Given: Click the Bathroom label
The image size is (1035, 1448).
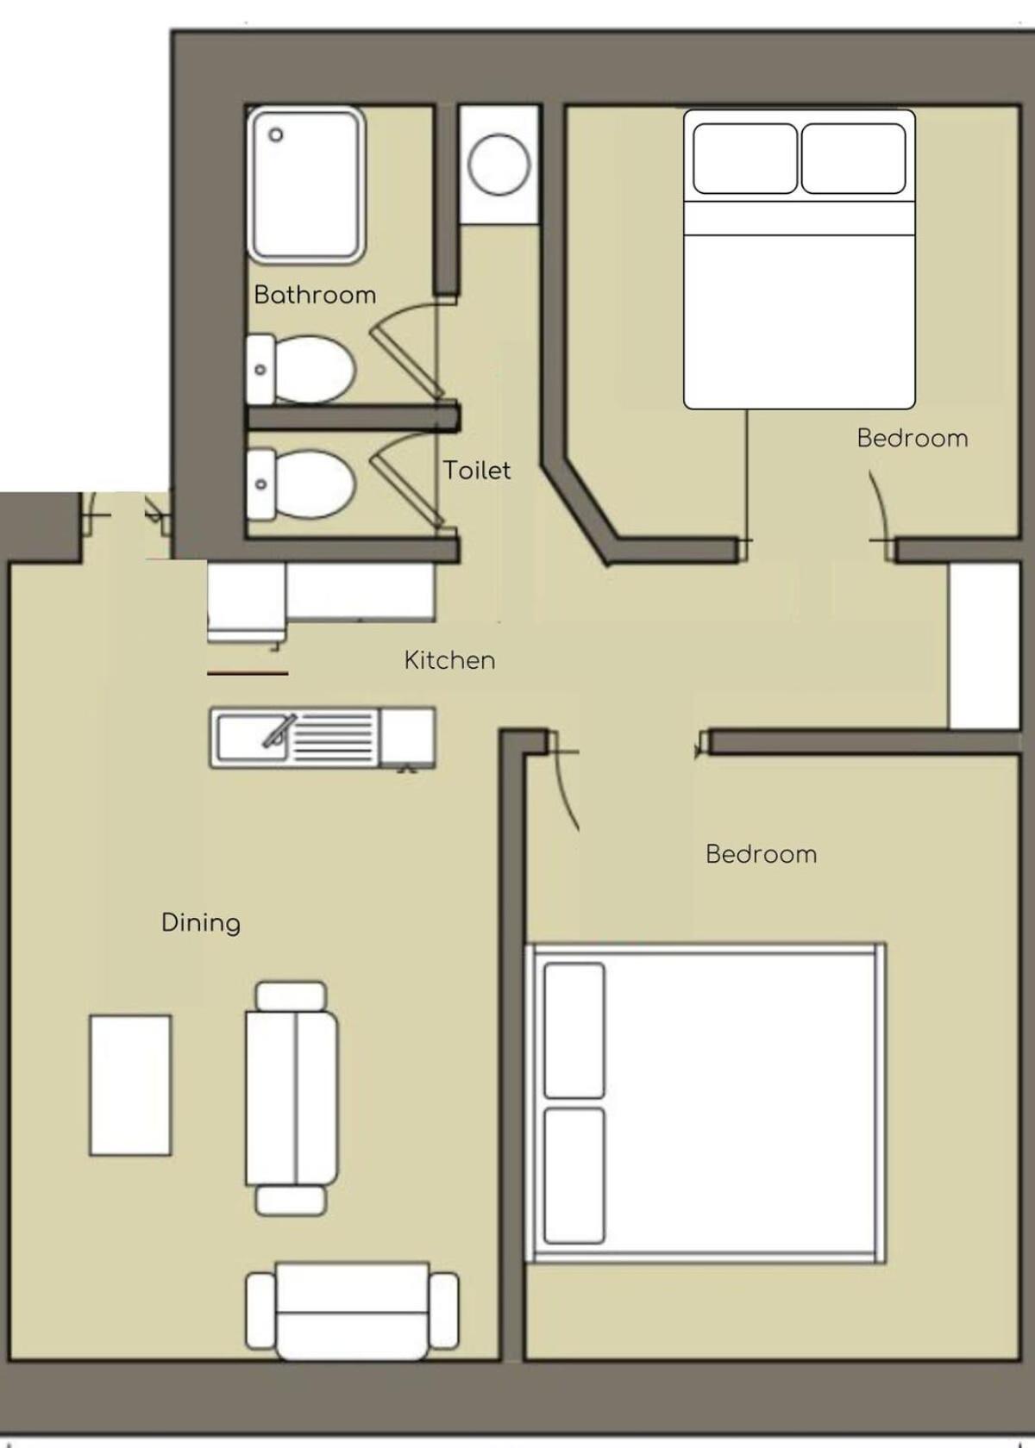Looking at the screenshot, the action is tap(315, 295).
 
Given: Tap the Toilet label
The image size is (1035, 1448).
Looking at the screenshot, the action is tap(477, 470).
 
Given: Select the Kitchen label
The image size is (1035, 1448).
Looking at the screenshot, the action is tap(449, 660).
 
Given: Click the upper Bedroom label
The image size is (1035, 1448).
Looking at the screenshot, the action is tap(913, 438).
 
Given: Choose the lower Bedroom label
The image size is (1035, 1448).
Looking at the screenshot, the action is tap(761, 854).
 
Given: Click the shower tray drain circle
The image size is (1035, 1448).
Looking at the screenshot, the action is tap(276, 135).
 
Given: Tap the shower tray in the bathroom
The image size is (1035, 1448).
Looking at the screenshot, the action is tap(305, 185).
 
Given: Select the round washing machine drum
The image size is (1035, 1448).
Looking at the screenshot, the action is tap(499, 165).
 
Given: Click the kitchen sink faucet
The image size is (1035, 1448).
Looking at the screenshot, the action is tap(279, 731).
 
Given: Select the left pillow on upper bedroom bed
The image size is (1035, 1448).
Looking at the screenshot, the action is tap(745, 159).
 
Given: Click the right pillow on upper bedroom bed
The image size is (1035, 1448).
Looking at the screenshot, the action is tap(853, 159).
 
